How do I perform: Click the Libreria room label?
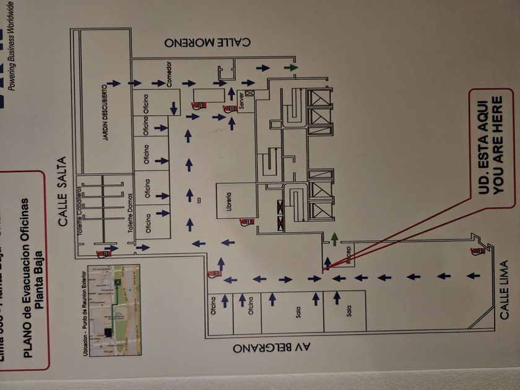tap(228, 200)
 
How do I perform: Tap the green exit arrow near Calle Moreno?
tap(290, 67)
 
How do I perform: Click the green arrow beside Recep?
tap(334, 236)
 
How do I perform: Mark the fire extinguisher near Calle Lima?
tap(477, 251)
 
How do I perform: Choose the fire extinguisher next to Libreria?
tap(246, 221)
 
